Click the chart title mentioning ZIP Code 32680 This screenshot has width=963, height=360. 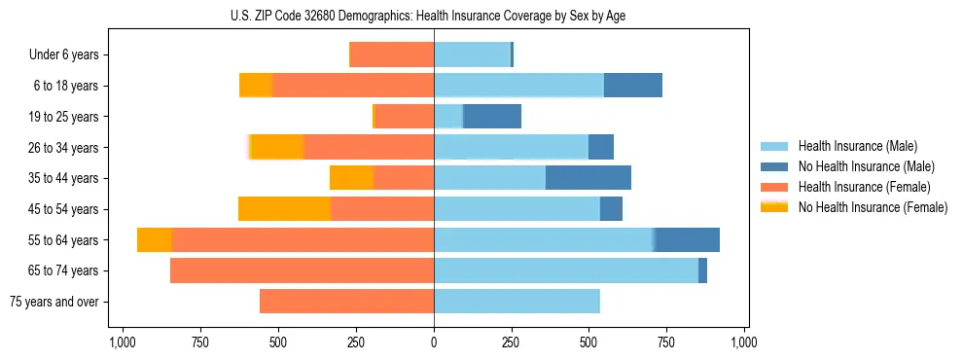(x=433, y=16)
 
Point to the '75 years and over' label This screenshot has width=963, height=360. (x=53, y=302)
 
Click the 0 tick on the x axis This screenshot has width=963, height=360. (x=434, y=342)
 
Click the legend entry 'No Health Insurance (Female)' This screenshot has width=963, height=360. (x=873, y=207)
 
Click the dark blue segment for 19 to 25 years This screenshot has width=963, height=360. (x=492, y=117)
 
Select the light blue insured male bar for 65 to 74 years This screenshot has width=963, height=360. (x=566, y=270)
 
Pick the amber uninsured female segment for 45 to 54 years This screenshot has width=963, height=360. (x=284, y=209)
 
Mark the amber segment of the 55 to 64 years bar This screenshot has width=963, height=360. (x=155, y=240)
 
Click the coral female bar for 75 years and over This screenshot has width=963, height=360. (x=346, y=302)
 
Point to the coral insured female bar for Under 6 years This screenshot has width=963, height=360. (x=391, y=55)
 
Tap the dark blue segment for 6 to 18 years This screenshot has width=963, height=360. (x=633, y=86)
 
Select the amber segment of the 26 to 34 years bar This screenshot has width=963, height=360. (x=277, y=147)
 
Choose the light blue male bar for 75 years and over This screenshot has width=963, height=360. (x=517, y=302)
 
